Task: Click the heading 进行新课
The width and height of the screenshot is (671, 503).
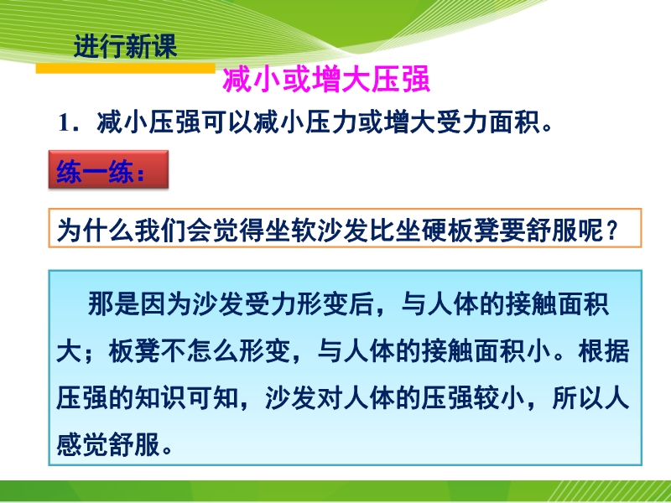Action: [x=125, y=46]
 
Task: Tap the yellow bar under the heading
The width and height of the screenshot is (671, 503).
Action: [x=125, y=69]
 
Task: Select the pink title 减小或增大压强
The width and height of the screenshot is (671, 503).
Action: [x=326, y=80]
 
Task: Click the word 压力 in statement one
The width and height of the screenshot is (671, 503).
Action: [x=330, y=122]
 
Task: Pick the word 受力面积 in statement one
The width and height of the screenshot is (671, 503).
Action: [x=487, y=122]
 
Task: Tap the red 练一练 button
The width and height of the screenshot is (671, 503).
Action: [x=108, y=169]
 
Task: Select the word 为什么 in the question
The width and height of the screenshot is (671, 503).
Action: [x=96, y=229]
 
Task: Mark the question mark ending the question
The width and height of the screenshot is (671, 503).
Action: [x=612, y=230]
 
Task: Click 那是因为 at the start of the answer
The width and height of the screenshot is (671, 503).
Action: [x=139, y=303]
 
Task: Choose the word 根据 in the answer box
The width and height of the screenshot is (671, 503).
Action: [x=603, y=350]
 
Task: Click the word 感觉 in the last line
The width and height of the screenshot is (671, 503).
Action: [x=82, y=445]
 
